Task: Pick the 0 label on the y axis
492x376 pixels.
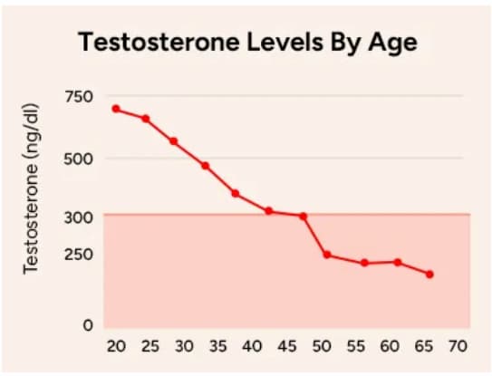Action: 88,324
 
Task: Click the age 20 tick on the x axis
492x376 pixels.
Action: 115,346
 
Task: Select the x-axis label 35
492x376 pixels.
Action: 218,346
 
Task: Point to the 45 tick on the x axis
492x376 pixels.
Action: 286,346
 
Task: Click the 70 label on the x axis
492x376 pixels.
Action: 458,346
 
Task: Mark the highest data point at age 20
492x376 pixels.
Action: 116,109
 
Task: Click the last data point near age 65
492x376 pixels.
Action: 429,275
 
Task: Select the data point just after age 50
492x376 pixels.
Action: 326,255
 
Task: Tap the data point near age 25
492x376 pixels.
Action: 145,119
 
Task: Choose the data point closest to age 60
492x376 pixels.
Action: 398,262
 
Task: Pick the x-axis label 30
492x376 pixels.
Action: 184,346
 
